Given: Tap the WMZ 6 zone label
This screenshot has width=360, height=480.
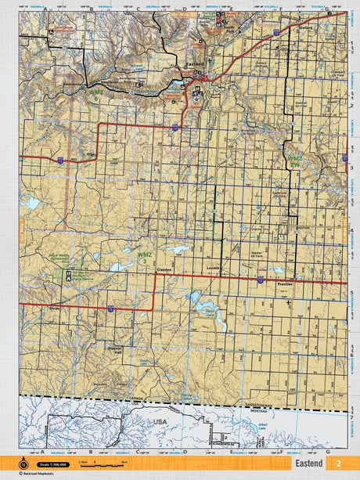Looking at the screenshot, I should (96, 93).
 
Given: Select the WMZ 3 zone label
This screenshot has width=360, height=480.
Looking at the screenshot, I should (145, 257).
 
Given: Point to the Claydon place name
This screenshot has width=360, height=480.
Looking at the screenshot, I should (164, 269).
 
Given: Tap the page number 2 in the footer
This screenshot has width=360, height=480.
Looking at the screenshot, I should (339, 464).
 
